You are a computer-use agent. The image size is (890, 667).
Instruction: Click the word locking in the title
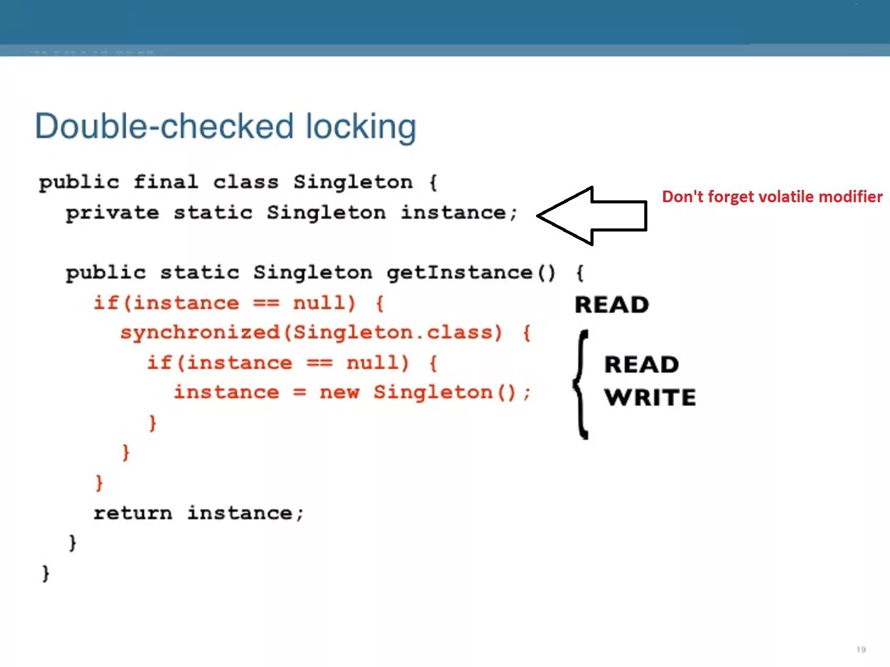[x=361, y=126]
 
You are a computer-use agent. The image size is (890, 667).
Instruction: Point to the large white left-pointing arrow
[x=592, y=216]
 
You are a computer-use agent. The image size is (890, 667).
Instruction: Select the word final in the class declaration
[x=166, y=182]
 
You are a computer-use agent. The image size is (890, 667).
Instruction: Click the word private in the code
[x=112, y=213]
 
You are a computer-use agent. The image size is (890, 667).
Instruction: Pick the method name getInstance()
[x=471, y=272]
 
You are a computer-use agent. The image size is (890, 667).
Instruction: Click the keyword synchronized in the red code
[x=200, y=332]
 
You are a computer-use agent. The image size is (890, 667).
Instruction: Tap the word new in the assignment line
[x=339, y=392]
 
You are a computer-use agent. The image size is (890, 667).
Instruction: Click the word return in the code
[x=133, y=513]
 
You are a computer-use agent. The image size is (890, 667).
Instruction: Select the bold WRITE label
[x=650, y=398]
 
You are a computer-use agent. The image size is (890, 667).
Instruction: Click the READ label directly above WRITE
[x=641, y=365]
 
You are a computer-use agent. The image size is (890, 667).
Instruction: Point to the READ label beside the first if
[x=611, y=305]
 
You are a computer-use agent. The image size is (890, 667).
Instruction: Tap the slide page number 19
[x=861, y=649]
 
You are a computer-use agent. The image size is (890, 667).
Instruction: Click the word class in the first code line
[x=246, y=182]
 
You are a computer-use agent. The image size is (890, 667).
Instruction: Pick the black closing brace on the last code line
[x=45, y=573]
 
